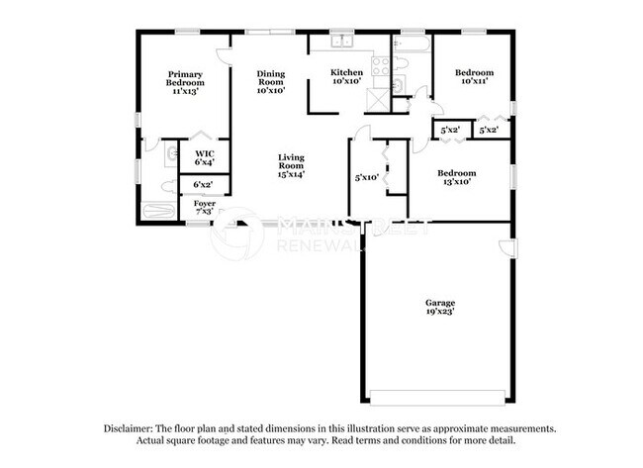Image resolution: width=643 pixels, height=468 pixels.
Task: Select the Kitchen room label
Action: click(346, 72)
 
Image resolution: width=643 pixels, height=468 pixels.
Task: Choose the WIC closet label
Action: click(205, 153)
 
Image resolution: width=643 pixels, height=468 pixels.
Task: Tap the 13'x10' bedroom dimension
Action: click(456, 182)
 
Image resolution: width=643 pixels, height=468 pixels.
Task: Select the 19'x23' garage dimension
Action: click(440, 311)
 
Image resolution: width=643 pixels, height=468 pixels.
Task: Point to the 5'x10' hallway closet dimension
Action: click(367, 178)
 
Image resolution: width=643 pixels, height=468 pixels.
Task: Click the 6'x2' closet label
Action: click(204, 184)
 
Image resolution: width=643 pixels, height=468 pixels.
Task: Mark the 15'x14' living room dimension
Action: click(291, 173)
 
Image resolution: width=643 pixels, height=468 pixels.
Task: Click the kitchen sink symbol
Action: click(342, 43)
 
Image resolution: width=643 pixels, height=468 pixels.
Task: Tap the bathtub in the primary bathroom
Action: click(157, 211)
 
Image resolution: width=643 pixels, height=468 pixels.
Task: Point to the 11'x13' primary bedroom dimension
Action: click(185, 90)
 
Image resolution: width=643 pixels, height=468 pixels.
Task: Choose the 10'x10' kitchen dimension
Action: click(346, 82)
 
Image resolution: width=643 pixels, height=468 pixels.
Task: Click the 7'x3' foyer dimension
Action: click(204, 212)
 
